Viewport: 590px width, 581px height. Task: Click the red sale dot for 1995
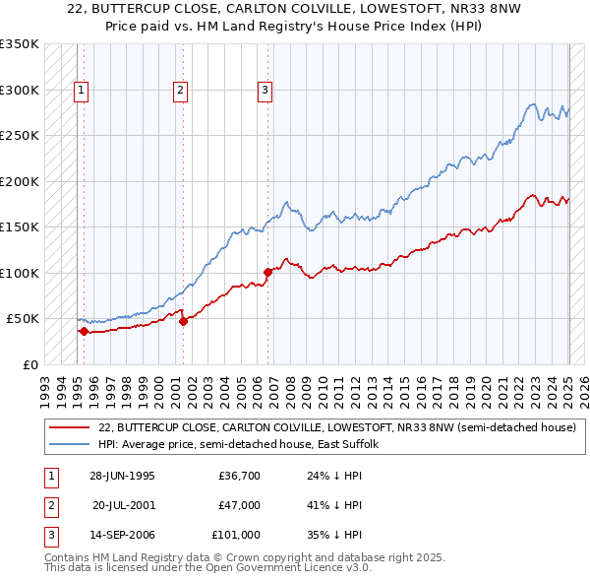click(85, 331)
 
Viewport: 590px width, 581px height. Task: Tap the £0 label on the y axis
click(30, 364)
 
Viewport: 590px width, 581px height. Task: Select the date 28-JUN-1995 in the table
click(122, 477)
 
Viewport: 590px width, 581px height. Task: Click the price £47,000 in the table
click(239, 506)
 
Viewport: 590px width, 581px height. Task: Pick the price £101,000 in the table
click(236, 536)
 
